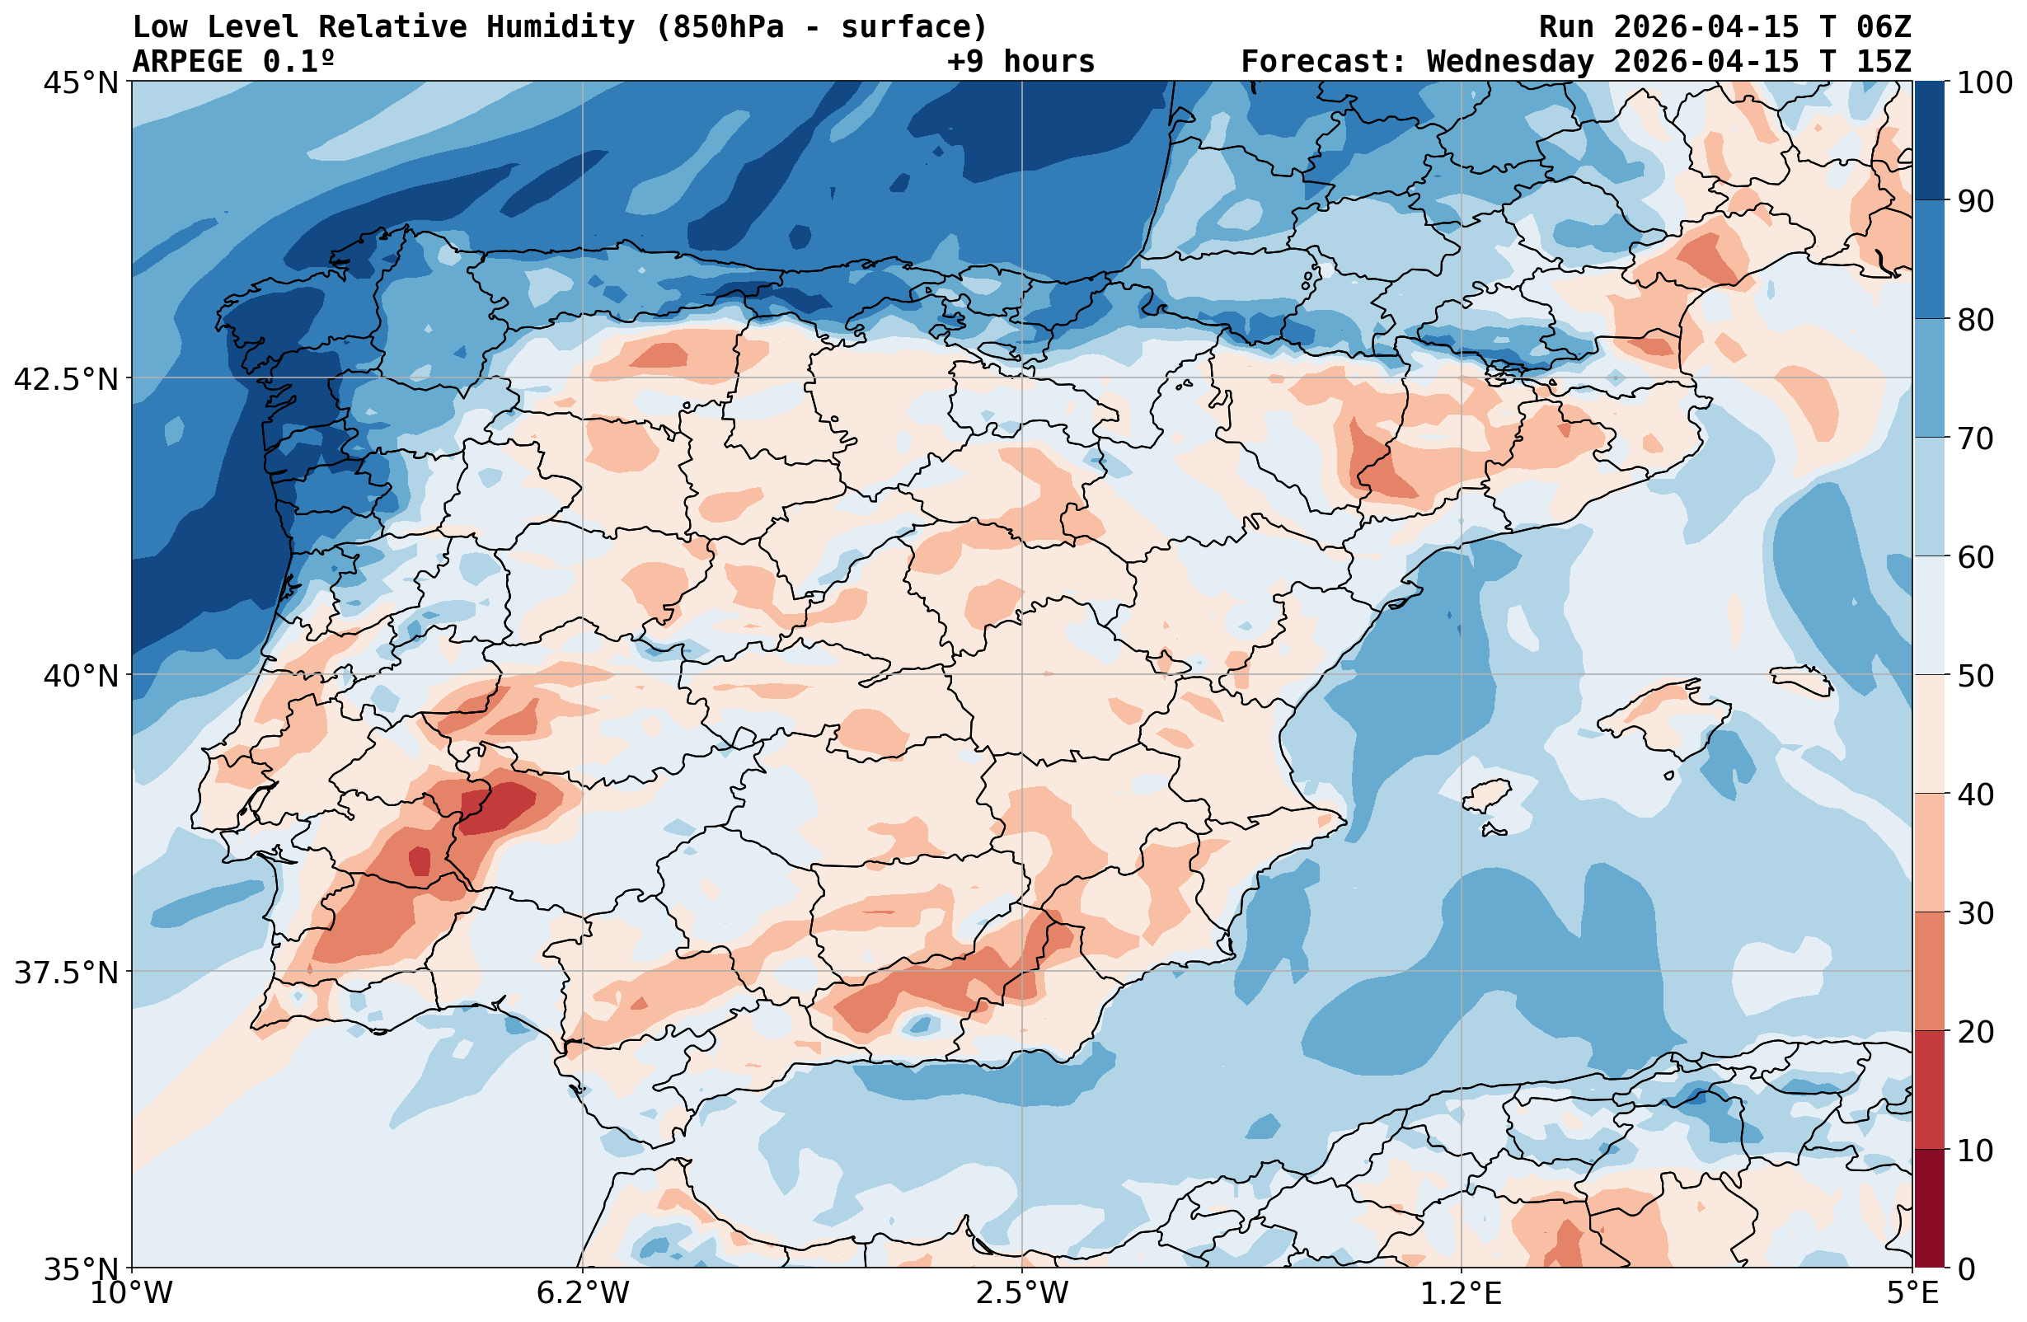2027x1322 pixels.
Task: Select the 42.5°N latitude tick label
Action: (67, 379)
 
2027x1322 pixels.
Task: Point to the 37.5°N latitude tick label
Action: (67, 972)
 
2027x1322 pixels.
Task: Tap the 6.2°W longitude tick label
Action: (583, 1293)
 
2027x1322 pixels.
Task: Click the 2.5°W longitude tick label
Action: (1021, 1293)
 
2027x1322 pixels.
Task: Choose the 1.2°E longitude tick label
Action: (1461, 1293)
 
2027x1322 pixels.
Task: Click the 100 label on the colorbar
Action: (1984, 82)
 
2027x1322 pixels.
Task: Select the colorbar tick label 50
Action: (1975, 677)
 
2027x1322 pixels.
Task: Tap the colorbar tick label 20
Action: (1975, 1033)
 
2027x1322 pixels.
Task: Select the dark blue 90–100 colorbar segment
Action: (1929, 141)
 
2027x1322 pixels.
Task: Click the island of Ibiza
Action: (1485, 795)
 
